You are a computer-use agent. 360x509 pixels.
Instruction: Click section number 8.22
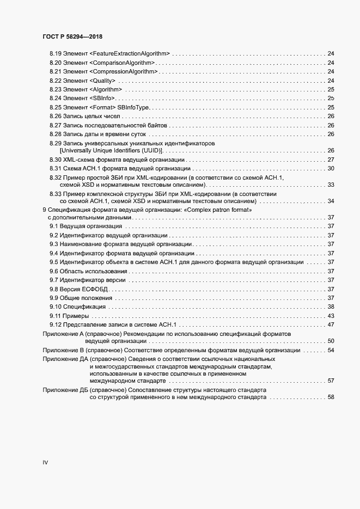tap(54, 81)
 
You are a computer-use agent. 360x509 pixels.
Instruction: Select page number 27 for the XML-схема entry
tap(330, 160)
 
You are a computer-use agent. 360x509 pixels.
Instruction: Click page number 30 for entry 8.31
tap(330, 169)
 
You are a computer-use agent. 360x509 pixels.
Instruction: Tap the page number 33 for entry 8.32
tap(330, 185)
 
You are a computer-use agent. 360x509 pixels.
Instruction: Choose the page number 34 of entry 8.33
tap(330, 201)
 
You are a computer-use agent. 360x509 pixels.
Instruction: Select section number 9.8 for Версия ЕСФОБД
tap(54, 289)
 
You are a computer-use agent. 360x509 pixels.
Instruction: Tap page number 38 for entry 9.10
tap(330, 307)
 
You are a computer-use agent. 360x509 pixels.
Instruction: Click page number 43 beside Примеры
tap(330, 316)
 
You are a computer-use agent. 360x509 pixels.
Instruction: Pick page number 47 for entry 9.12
tap(330, 324)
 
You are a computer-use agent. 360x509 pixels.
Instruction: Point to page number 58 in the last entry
tap(330, 397)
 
